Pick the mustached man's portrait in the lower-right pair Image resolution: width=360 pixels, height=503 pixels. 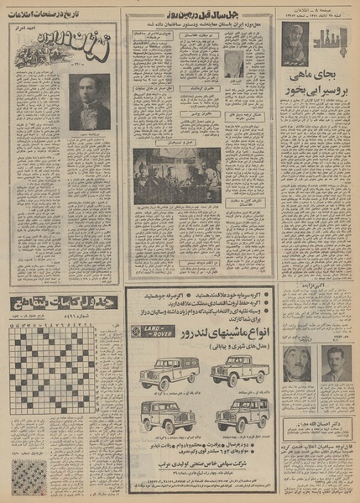coord(296,364)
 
